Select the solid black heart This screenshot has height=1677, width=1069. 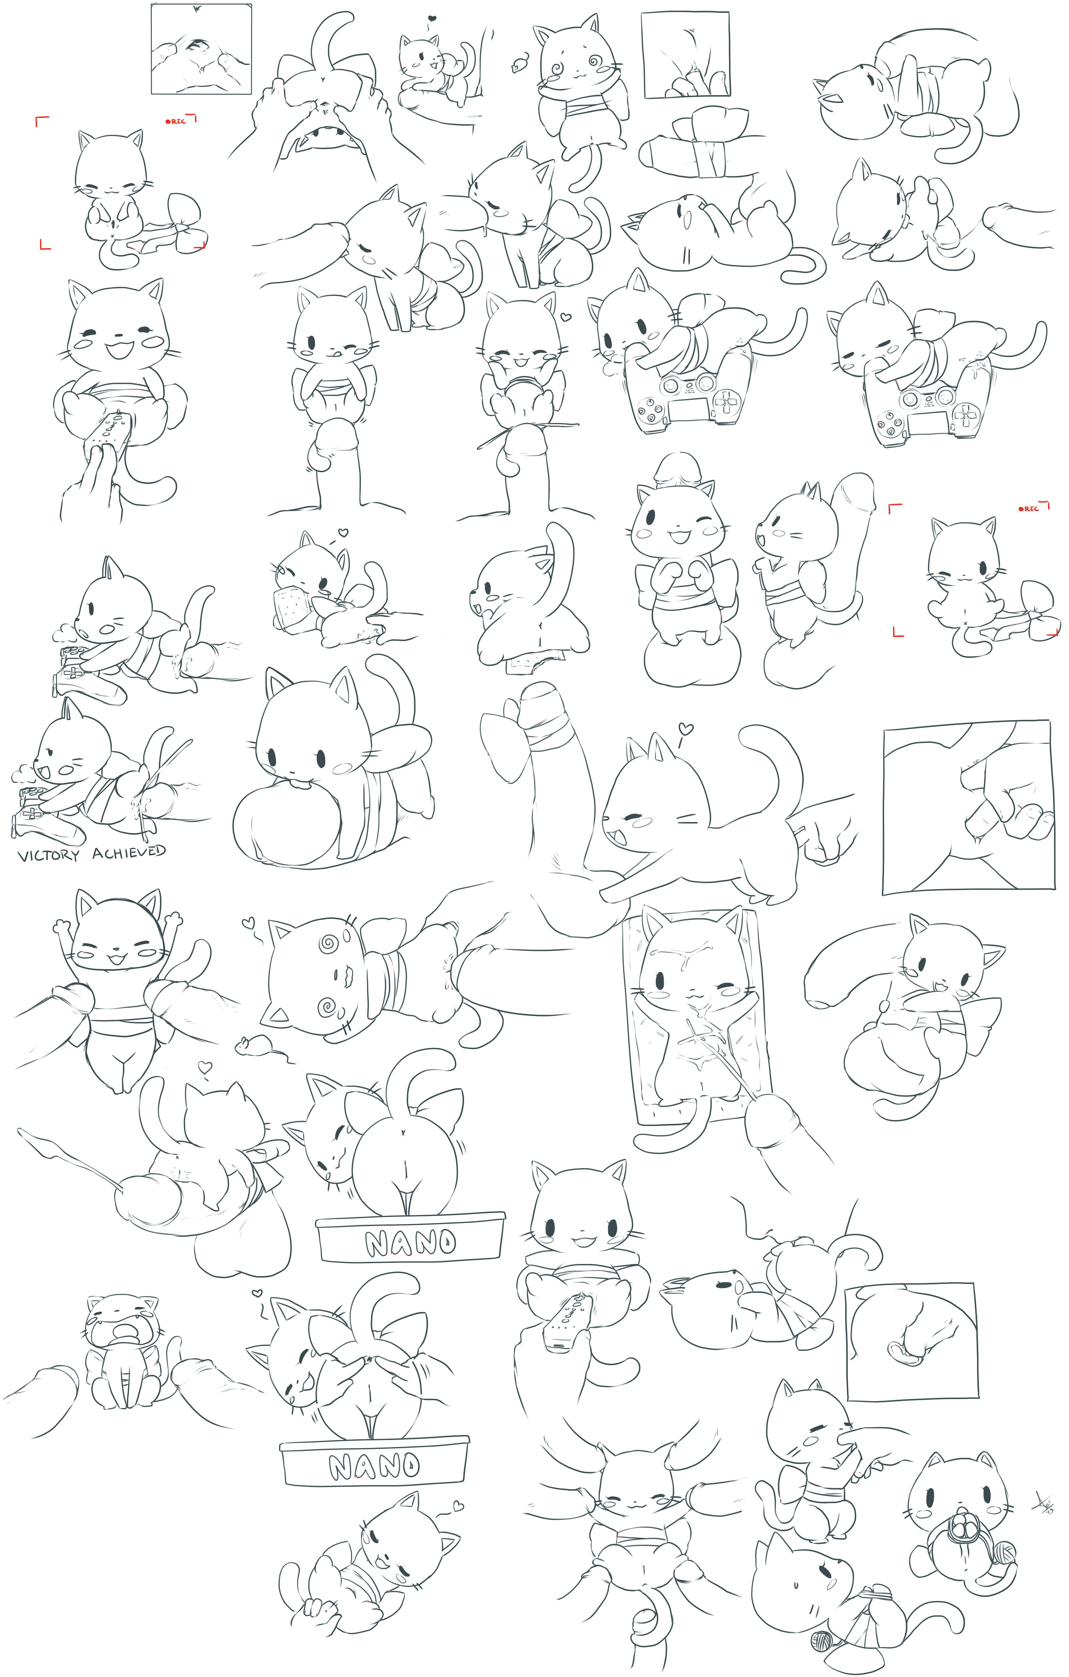(x=432, y=18)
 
